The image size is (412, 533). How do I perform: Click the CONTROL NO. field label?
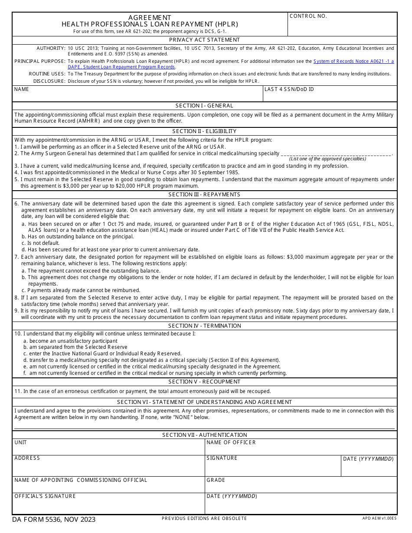pos(308,16)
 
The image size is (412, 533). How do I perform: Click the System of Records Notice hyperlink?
pos(353,62)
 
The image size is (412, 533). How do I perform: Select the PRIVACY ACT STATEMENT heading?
pos(204,40)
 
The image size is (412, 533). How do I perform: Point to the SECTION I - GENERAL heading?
pos(204,106)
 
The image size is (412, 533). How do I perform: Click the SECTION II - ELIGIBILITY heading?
pos(204,131)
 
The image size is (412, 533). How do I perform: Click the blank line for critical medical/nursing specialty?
pos(336,153)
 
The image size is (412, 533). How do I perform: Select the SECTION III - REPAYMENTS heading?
pos(204,195)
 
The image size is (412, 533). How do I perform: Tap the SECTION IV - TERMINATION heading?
pos(204,326)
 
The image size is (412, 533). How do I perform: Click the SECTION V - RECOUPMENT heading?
pos(204,382)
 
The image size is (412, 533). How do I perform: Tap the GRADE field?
pos(301,485)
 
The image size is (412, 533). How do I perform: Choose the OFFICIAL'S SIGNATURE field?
pos(108,504)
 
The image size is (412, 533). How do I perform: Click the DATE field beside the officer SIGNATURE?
pos(369,467)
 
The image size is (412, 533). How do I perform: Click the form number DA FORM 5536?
pos(54,520)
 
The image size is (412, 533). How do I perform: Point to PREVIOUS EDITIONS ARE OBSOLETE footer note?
pos(204,519)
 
